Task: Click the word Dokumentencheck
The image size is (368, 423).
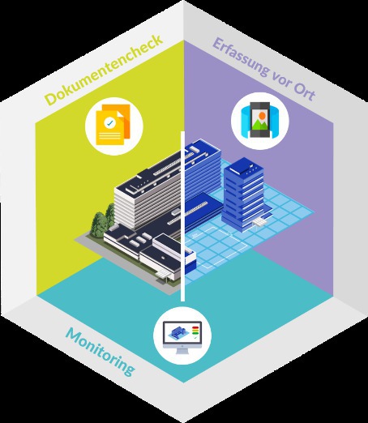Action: (104, 70)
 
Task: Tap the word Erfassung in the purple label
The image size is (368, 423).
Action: (241, 58)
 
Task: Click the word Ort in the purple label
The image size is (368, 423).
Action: (304, 91)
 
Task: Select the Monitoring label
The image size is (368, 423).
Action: (100, 352)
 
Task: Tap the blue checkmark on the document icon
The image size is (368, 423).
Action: (109, 123)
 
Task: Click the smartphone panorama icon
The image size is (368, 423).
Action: (259, 120)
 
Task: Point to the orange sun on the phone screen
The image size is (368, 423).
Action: (262, 116)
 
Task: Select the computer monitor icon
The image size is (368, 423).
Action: (182, 337)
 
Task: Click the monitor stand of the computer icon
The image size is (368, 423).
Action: (182, 351)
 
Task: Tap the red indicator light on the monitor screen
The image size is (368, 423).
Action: (195, 328)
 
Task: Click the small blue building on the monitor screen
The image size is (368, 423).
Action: (177, 332)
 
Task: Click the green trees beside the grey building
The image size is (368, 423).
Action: (103, 220)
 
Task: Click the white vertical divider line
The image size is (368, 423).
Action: (182, 216)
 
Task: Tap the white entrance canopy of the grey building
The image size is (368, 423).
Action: (164, 275)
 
